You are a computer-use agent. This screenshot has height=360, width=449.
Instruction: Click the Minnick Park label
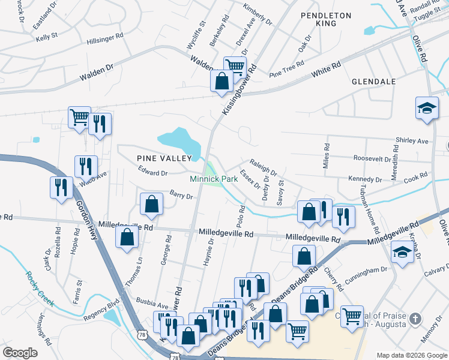tap(214, 179)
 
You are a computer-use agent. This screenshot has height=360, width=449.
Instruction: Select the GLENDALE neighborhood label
tap(373, 81)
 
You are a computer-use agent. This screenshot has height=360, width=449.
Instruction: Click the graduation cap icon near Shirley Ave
tap(427, 108)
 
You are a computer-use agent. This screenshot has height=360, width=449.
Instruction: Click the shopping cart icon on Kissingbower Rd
tap(235, 67)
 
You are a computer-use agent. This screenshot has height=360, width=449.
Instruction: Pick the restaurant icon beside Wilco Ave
tap(86, 166)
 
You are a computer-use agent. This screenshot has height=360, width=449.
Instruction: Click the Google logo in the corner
tap(20, 353)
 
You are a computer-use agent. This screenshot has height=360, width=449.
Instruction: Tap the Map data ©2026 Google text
tap(411, 355)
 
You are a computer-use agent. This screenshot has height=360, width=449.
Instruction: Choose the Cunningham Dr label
tap(367, 271)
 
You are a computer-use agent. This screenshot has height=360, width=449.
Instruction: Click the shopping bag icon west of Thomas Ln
tap(127, 237)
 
